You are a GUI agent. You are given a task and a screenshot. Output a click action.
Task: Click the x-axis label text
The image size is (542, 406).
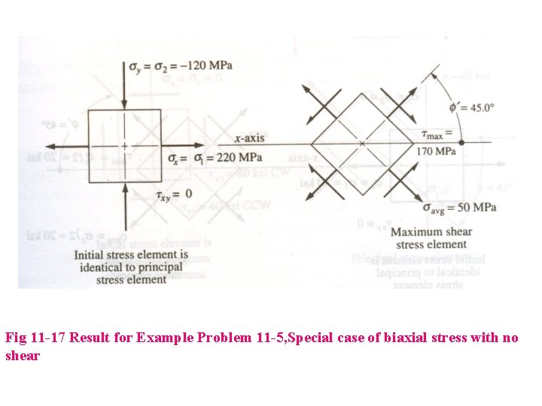pyautogui.click(x=249, y=138)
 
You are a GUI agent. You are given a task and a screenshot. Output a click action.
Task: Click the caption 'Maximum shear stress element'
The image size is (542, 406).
pyautogui.click(x=431, y=238)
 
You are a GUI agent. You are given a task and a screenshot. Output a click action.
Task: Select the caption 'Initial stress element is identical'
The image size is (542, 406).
pyautogui.click(x=131, y=267)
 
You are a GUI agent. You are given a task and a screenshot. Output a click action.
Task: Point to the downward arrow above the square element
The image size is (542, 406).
pyautogui.click(x=125, y=84)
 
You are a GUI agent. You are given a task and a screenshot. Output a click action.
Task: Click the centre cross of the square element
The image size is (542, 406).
pyautogui.click(x=125, y=145)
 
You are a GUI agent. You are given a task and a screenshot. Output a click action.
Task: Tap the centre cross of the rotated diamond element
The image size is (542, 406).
pyautogui.click(x=362, y=143)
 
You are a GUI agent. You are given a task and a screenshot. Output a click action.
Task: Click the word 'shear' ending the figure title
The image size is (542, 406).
pyautogui.click(x=23, y=356)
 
